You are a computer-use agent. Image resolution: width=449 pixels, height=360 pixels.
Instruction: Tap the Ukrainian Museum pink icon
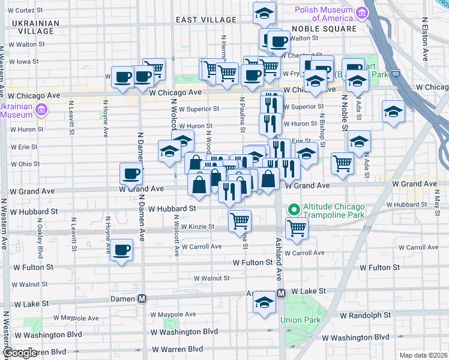41,109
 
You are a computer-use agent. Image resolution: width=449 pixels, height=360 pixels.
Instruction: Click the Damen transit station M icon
143,299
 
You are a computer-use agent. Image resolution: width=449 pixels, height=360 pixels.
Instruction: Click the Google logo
20,353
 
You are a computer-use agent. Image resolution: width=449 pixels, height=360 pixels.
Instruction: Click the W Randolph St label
364,314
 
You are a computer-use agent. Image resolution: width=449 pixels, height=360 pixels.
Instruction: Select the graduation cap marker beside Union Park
264,304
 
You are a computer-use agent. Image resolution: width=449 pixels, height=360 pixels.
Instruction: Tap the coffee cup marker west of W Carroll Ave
122,250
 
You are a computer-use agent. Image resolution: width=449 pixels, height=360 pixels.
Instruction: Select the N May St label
436,214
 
